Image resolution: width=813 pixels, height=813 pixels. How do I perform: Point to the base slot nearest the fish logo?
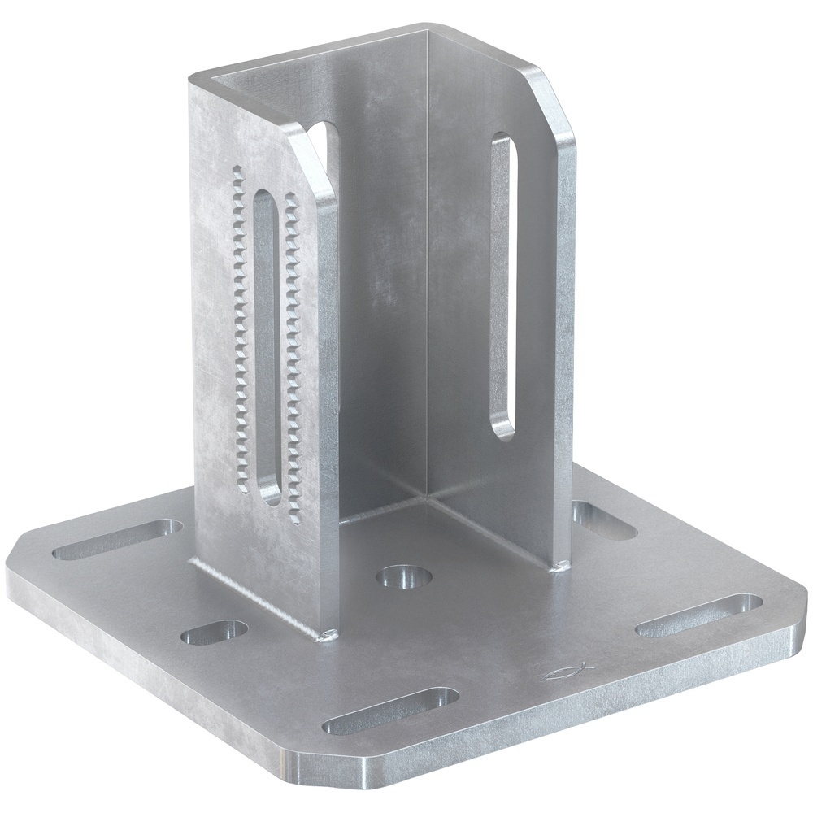(x=698, y=615)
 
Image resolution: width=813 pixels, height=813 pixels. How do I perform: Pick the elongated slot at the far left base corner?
(x=118, y=540)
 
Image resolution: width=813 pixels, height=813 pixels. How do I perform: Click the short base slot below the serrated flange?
(x=214, y=632)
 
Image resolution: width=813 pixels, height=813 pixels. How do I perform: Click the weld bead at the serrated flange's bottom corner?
(x=329, y=636)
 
